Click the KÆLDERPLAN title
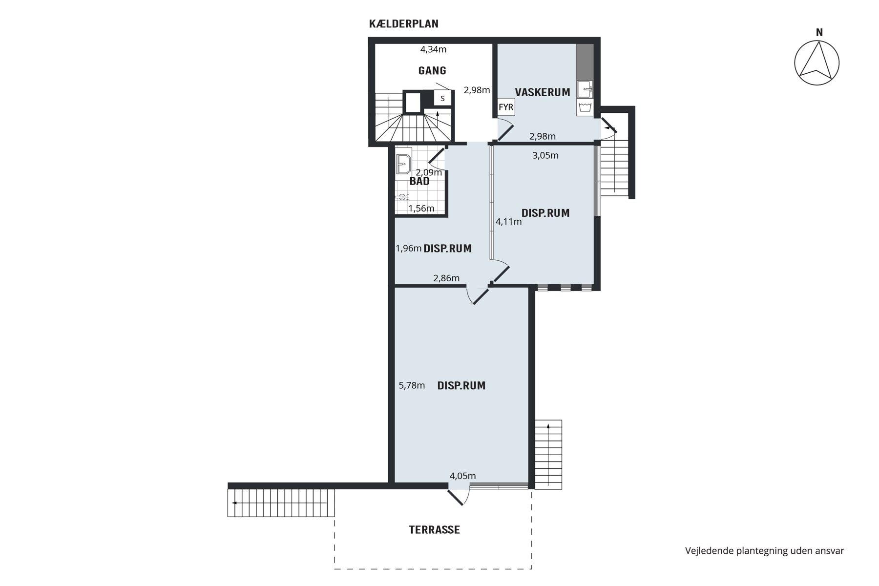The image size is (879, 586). click(404, 24)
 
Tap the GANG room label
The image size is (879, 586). click(432, 71)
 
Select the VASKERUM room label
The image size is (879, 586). click(543, 92)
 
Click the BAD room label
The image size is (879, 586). click(419, 182)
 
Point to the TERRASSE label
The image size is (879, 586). click(435, 530)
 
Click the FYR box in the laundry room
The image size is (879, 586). click(506, 107)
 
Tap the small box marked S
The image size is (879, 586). click(442, 98)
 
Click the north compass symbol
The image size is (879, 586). click(816, 63)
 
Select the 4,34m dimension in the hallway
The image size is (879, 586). click(434, 49)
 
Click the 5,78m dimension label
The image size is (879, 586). click(412, 385)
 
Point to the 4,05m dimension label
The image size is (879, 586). click(462, 476)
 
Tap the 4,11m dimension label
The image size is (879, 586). click(508, 222)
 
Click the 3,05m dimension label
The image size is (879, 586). click(545, 156)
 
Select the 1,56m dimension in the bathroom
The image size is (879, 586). click(421, 209)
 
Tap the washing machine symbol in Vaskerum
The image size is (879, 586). click(585, 108)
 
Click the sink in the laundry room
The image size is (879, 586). click(585, 90)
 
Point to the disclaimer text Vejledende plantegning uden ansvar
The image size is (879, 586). click(764, 551)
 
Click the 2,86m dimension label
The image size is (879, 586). click(446, 278)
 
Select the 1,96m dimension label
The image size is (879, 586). click(409, 249)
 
